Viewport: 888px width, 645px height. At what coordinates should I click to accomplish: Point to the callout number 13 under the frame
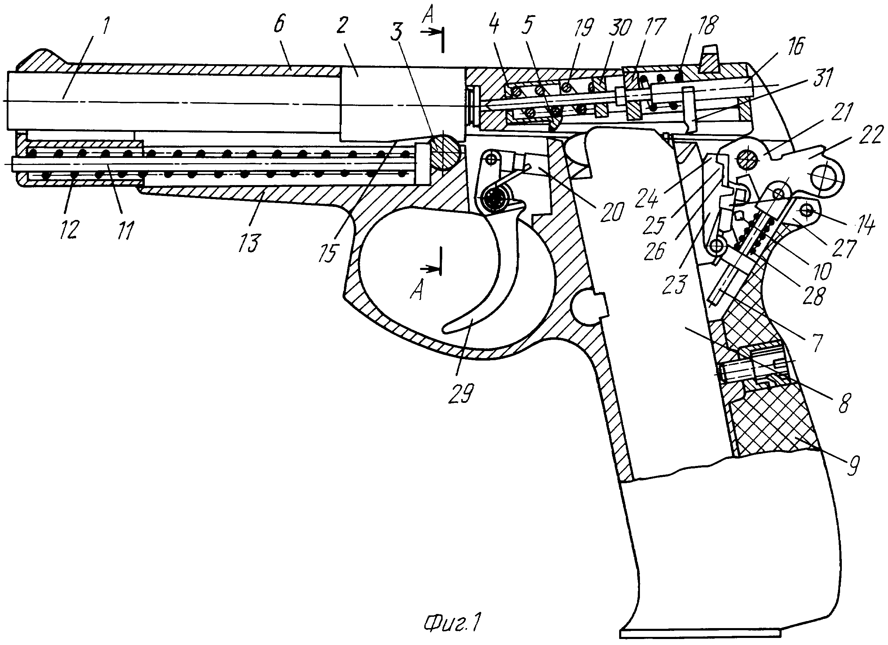pos(249,242)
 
